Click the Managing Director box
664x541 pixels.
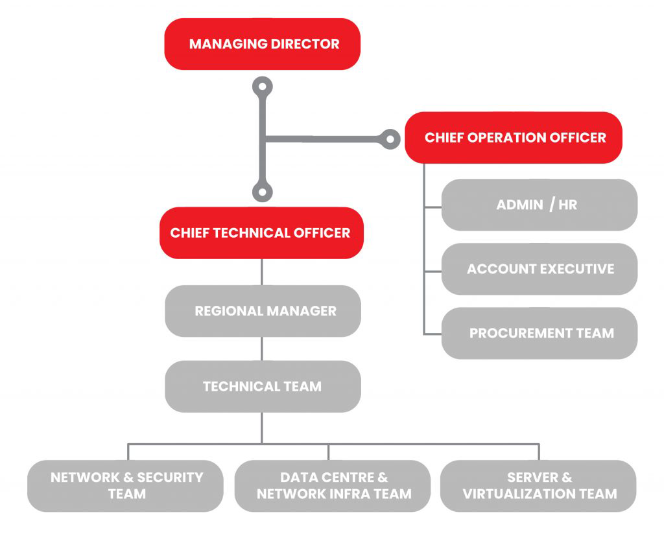click(262, 44)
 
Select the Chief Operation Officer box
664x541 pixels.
click(514, 137)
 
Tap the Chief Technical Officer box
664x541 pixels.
click(261, 233)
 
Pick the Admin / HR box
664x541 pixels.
click(539, 205)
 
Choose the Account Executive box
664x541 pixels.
click(539, 269)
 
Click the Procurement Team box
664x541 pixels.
click(539, 333)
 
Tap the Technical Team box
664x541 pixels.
click(263, 386)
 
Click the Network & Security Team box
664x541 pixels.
click(126, 485)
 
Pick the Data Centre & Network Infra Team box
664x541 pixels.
click(333, 485)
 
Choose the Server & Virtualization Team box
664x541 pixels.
click(538, 485)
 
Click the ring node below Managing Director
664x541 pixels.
click(262, 86)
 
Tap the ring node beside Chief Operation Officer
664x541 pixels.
click(390, 139)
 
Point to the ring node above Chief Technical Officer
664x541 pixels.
click(262, 191)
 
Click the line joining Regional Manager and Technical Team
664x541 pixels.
click(262, 349)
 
